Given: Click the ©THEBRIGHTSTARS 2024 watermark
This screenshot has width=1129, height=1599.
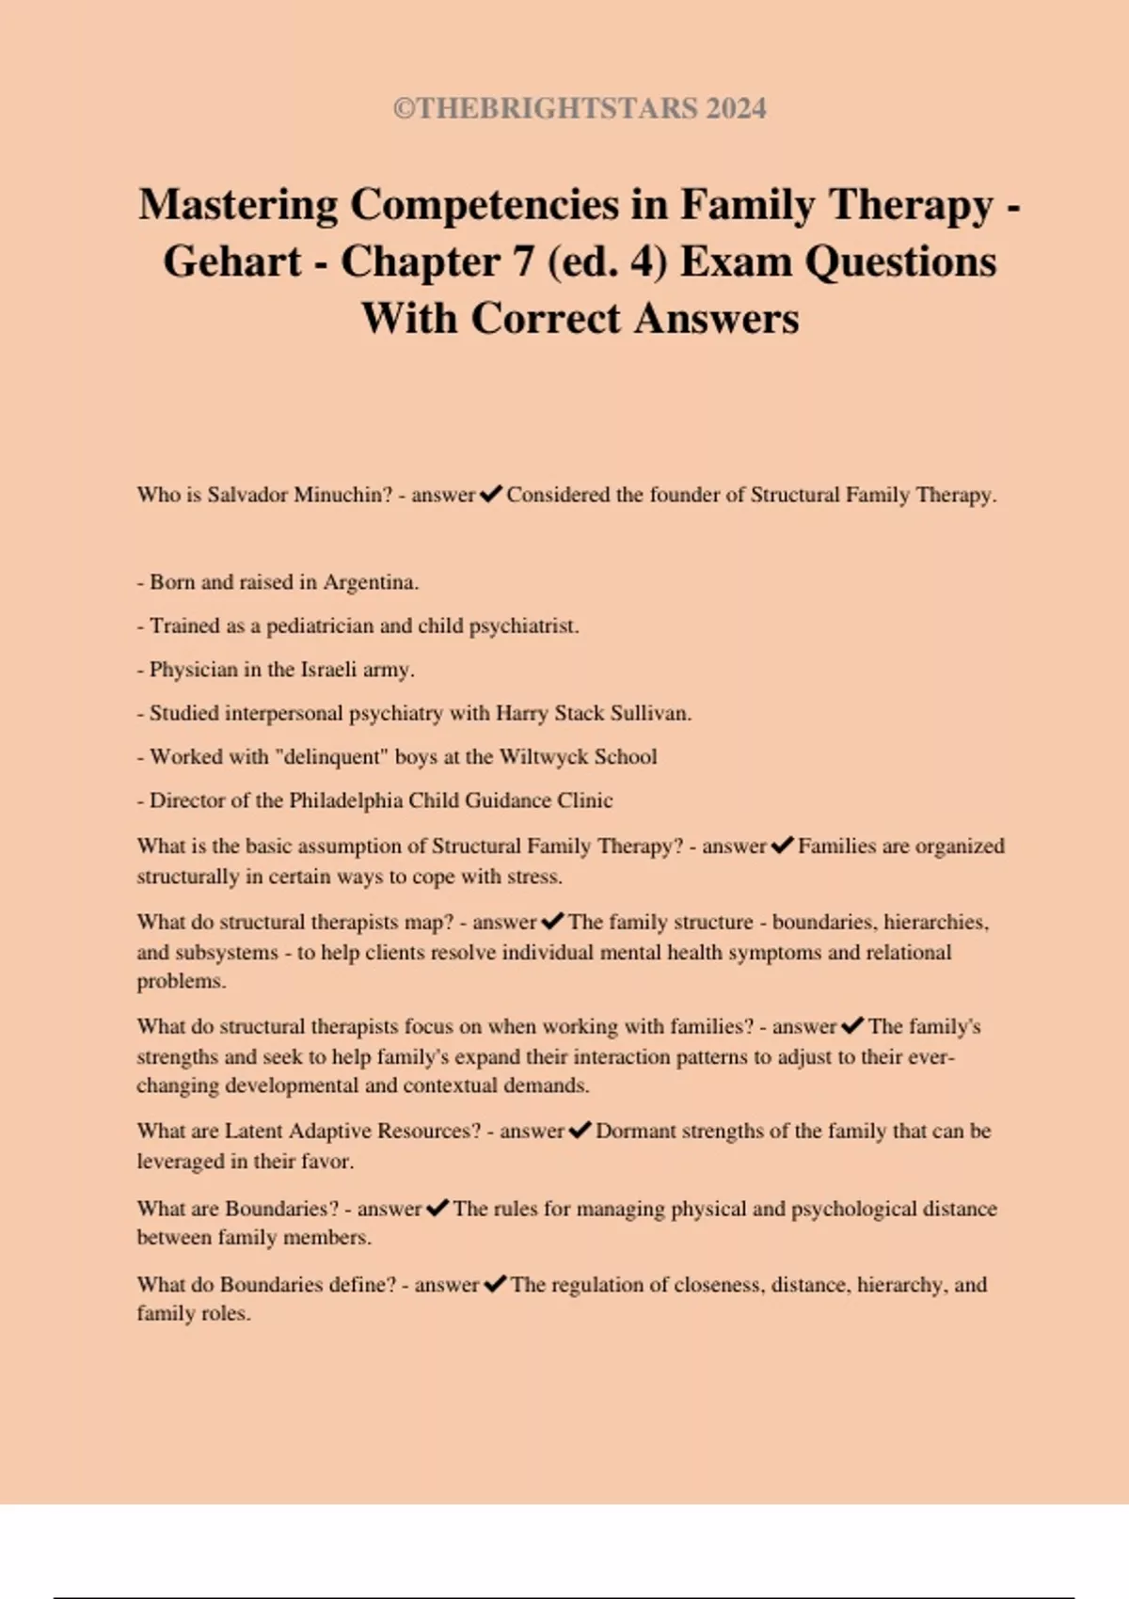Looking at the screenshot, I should pyautogui.click(x=580, y=108).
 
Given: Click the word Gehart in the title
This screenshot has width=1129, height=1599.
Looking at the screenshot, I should pyautogui.click(x=231, y=261).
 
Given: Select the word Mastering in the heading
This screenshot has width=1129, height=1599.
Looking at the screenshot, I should pyautogui.click(x=238, y=205).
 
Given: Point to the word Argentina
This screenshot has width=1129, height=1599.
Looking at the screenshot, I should pyautogui.click(x=371, y=582).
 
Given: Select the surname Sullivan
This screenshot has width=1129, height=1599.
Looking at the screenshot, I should pyautogui.click(x=650, y=713).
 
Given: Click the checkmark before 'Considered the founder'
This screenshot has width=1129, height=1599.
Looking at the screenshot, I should pyautogui.click(x=490, y=495).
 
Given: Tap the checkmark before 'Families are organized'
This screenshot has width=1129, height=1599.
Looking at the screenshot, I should pyautogui.click(x=782, y=846).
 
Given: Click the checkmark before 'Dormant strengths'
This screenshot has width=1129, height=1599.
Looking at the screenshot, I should pyautogui.click(x=580, y=1131).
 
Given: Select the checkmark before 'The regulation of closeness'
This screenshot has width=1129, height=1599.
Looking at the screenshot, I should pyautogui.click(x=494, y=1284).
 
